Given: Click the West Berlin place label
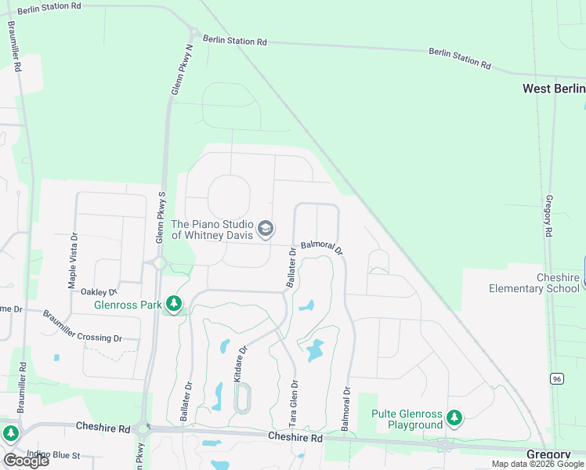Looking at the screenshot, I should coord(553,89).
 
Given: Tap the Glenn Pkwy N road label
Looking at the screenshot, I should coord(183,70).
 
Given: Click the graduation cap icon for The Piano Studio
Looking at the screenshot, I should coord(266,228).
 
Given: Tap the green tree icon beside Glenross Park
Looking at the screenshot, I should coord(174,304).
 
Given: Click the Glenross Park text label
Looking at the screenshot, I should coord(128,305).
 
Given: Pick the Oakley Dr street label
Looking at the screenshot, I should coord(99,291).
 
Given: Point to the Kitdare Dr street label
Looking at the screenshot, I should coord(240,363).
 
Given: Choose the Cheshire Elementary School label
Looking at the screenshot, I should coord(534,283).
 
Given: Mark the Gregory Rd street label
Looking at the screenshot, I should coord(549,216).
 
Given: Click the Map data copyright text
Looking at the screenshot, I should coord(537,464).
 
